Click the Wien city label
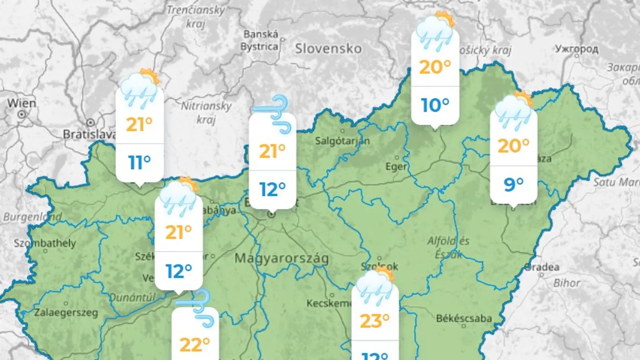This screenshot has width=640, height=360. pos(21,103)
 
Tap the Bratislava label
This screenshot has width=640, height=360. pos(89,134)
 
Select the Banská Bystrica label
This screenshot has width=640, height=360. pos(259,40)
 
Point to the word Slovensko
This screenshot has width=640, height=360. pos(328,48)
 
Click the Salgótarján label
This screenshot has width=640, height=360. pos(342,141)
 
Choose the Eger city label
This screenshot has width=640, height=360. pos(396,167)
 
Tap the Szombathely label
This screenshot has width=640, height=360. pos(45,243)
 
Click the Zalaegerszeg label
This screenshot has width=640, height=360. pos(66,313)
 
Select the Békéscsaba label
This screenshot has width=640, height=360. pos(464,318)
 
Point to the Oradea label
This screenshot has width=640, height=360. pos(542,267)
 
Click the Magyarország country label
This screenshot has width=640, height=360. pos(282,259)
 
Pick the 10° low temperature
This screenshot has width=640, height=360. pos(435,105)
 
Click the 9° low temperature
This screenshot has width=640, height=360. pos(513,184)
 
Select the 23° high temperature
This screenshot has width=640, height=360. pos(374,321)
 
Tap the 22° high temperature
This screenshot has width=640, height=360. pos(195,345)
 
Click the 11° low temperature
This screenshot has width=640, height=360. pos(140,162)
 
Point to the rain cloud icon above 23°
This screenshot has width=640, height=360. pos(375,287)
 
